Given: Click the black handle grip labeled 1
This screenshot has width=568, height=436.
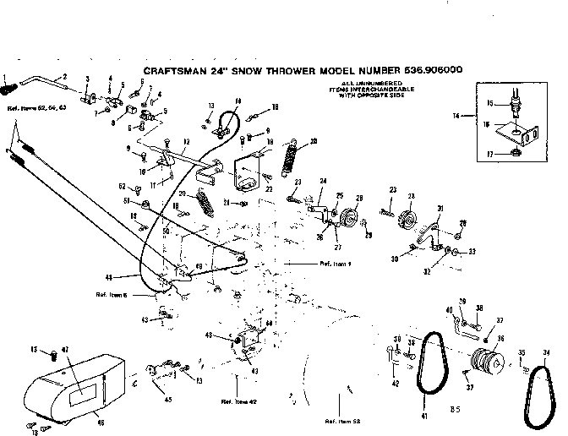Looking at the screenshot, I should click(x=9, y=84).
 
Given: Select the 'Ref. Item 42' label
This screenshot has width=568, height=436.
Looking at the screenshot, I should click(x=238, y=401).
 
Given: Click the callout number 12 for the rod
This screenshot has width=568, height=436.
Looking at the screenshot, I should click(x=185, y=140).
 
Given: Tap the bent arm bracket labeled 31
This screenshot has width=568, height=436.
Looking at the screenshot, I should click(x=434, y=232).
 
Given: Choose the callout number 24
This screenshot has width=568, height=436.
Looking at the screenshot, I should click(x=322, y=181).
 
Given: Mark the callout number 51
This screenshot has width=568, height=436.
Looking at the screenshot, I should click(x=127, y=201).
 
